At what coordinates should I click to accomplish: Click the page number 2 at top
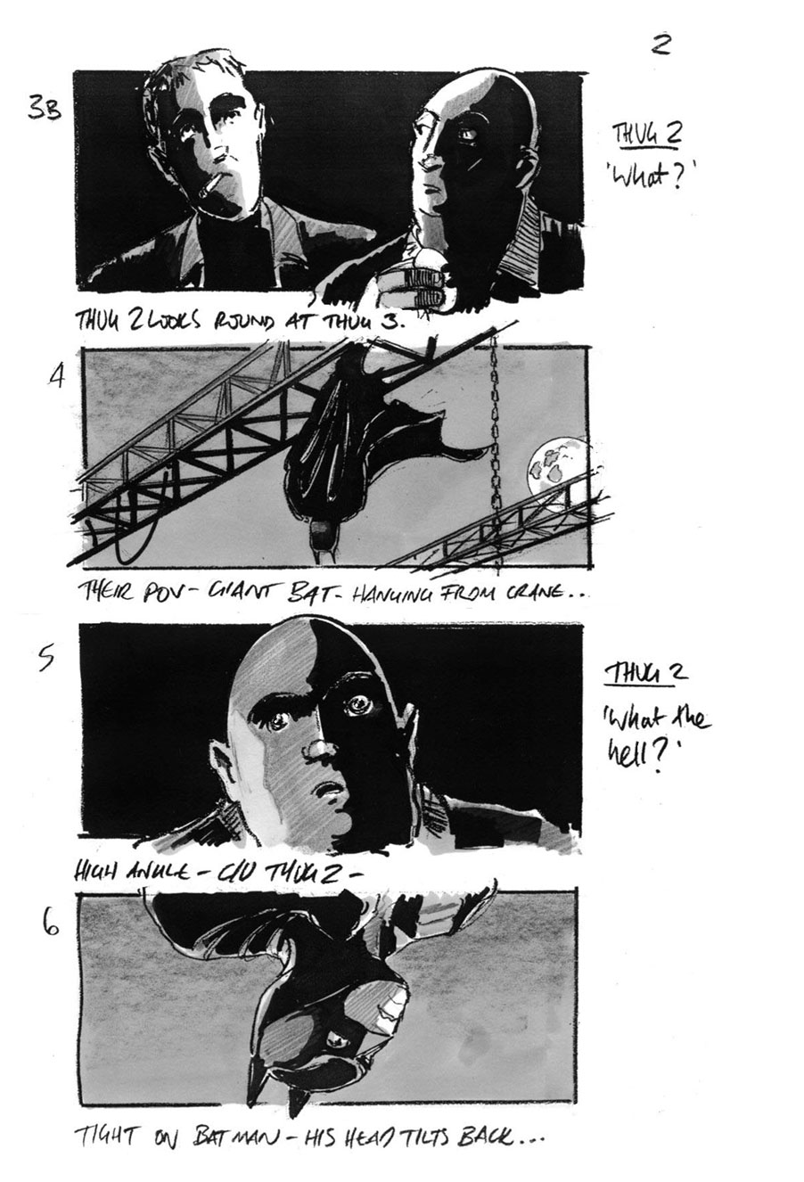(660, 44)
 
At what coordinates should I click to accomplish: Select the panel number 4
(56, 377)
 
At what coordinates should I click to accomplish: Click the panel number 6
(52, 928)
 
